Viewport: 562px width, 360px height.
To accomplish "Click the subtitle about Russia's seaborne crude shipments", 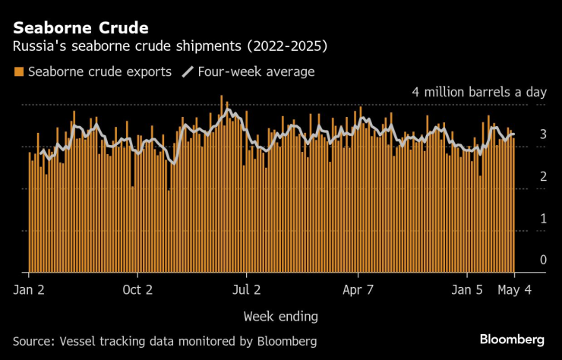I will click(170, 47).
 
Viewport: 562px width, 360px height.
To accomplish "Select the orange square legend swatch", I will click(18, 72).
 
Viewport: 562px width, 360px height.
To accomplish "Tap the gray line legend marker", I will click(187, 72).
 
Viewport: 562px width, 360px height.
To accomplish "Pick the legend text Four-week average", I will click(255, 72).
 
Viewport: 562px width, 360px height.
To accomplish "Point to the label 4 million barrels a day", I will click(479, 92).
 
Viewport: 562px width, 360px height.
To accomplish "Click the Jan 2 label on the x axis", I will click(28, 289).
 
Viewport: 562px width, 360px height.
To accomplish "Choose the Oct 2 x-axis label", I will click(137, 289).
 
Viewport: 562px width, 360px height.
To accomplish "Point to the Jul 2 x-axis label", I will click(246, 289).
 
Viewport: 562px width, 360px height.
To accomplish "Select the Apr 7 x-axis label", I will click(358, 289).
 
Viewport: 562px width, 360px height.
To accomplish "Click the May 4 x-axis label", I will click(515, 289).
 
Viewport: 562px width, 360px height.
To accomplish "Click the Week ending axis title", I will click(280, 315).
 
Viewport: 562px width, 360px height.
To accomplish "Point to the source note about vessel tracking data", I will click(164, 340).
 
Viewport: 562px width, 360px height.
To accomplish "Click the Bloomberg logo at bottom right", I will click(512, 339).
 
